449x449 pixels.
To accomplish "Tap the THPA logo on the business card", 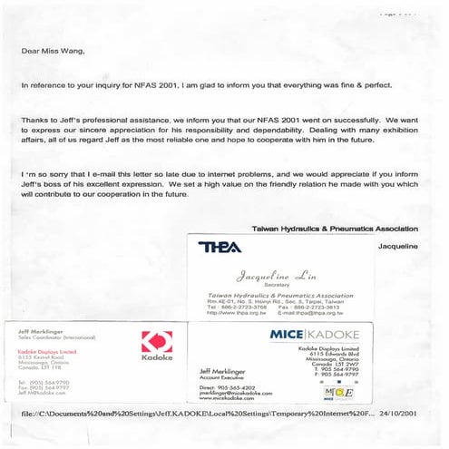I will point(219,247).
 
